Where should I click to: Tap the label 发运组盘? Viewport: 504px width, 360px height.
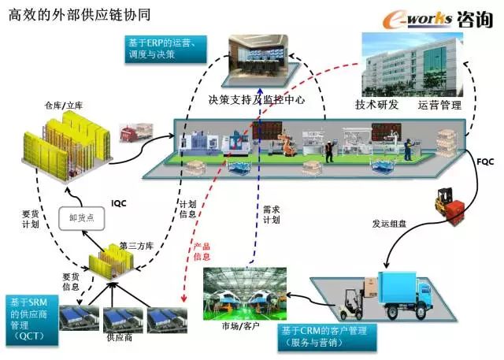coord(391,223)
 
